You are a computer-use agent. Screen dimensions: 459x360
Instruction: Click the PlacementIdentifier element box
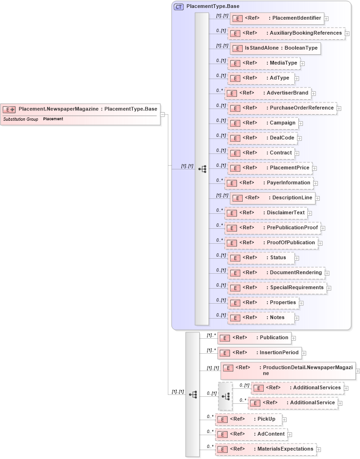276,18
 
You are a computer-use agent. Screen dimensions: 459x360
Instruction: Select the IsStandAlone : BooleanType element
275,48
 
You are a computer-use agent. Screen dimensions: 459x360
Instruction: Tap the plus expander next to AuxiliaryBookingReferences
347,34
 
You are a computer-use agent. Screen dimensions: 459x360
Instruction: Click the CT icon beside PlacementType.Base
179,7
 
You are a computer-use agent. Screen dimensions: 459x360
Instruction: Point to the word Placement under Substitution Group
53,119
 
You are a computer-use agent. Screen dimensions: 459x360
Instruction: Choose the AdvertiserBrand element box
267,93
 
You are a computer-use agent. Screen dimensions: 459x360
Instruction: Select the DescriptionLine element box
272,198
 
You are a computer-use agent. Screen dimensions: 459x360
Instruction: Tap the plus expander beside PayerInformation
316,183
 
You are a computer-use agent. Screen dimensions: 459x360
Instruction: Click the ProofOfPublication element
271,243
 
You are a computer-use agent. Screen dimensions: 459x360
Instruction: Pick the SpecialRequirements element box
276,288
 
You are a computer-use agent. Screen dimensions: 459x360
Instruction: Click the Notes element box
261,318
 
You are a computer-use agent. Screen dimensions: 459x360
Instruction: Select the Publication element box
254,338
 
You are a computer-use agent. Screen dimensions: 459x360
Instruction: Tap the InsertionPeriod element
259,353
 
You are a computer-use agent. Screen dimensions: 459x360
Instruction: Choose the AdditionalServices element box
297,388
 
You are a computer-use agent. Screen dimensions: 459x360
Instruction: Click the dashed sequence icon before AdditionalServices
225,396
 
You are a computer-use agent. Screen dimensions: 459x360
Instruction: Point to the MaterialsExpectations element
265,449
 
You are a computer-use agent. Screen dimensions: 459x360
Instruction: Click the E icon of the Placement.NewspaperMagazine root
9,109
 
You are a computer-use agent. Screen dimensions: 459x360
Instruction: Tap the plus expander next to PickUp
284,420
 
